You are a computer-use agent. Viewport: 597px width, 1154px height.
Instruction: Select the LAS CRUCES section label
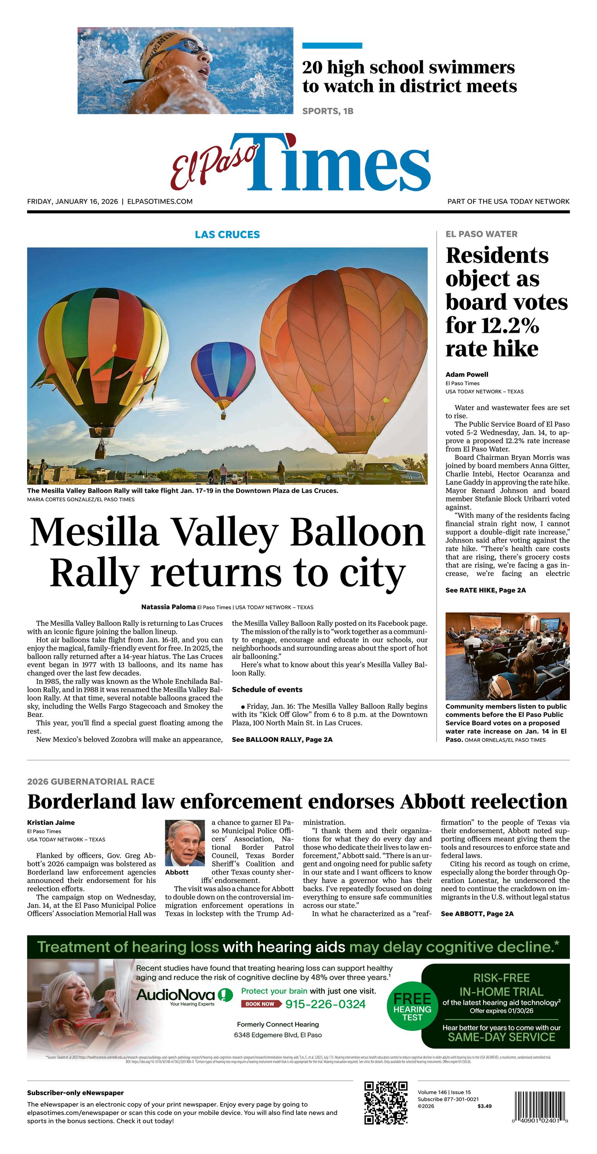pos(227,234)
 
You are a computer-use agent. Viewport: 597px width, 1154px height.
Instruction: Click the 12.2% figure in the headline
pos(492,326)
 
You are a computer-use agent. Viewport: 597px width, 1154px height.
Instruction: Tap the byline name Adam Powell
pos(467,375)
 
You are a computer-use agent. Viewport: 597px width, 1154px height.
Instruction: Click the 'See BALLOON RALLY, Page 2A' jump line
pos(282,739)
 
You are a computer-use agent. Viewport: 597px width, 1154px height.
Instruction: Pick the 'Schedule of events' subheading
pos(267,690)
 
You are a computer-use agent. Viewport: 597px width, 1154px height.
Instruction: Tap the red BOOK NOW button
pos(259,1004)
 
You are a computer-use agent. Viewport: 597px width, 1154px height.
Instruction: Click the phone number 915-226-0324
pos(325,1004)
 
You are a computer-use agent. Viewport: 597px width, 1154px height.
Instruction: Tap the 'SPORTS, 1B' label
pos(328,111)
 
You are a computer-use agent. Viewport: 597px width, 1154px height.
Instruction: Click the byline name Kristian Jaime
pos(51,822)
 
